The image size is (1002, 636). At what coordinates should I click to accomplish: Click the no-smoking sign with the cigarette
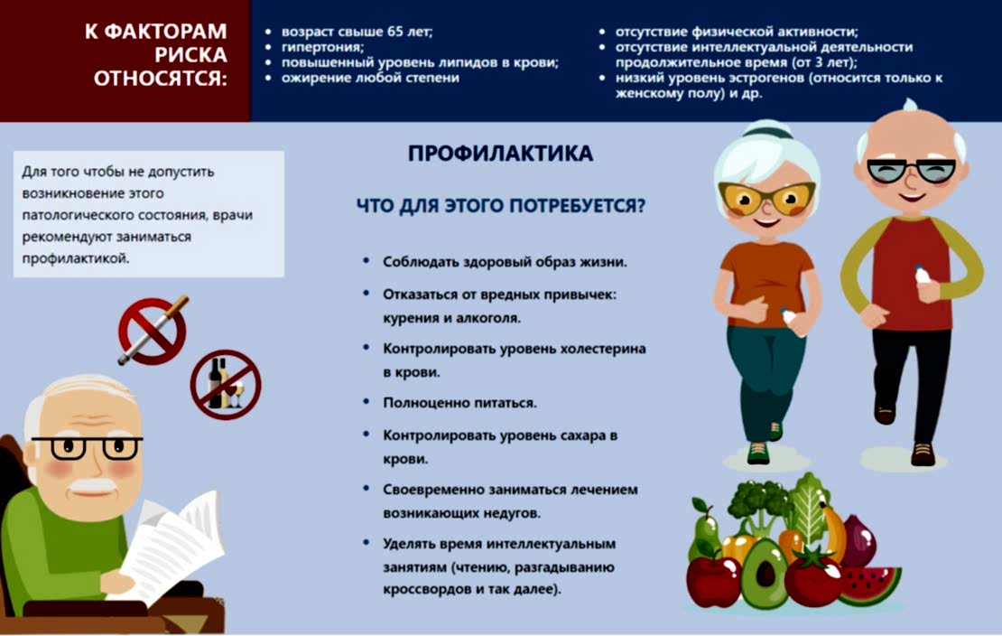152,331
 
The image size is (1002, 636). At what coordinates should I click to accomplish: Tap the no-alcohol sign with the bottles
225,384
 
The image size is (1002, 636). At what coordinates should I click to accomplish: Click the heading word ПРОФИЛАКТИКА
500,154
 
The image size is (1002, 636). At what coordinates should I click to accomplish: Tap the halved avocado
764,574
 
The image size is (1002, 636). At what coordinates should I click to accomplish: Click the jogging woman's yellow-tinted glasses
766,195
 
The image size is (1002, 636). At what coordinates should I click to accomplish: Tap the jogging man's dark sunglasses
910,171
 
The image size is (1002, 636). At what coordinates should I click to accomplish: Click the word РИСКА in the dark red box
191,54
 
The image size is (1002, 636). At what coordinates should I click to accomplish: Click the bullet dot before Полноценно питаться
366,400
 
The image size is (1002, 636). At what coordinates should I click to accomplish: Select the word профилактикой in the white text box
75,257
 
